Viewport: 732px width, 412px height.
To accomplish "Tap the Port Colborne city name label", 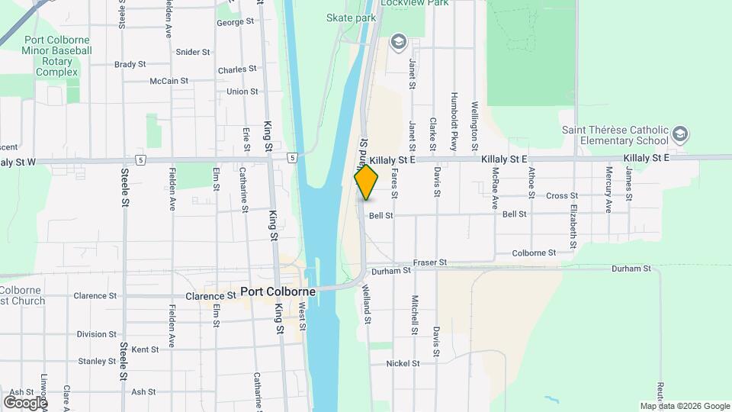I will coord(278,291).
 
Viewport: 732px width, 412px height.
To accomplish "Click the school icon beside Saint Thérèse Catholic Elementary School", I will coord(680,136).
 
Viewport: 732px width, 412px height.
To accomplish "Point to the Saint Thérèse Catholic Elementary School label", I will coord(615,136).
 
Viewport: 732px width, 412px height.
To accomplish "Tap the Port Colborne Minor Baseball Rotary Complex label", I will coord(57,56).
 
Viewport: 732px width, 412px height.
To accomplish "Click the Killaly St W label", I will coord(18,162).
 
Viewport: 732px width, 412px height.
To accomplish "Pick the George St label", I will coord(235,22).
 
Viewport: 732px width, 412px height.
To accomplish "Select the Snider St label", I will coord(193,52).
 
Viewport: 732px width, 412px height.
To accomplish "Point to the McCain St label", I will coord(169,81).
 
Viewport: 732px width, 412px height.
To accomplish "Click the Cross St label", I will coord(562,196).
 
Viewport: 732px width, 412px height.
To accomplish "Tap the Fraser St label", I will coord(430,262).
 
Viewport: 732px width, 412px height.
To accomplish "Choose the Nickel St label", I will coord(403,364).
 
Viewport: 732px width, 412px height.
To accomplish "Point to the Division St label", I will coord(96,334).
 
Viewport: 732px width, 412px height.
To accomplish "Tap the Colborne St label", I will coord(534,253).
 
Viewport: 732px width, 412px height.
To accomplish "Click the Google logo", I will coord(24,402).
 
